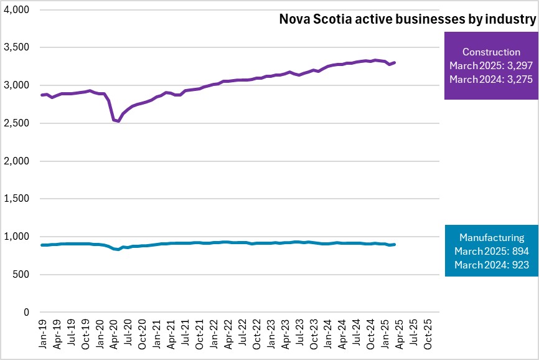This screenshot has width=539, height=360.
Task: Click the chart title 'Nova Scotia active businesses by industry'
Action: tap(406, 20)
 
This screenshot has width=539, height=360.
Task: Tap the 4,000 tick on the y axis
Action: tap(17, 10)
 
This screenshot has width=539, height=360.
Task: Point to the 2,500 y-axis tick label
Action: tap(17, 123)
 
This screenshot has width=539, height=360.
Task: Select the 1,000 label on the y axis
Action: tap(17, 237)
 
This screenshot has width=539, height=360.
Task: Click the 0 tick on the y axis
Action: tap(26, 313)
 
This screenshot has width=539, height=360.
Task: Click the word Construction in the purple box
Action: tap(491, 52)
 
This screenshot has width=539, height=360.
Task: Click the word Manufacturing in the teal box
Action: tap(491, 237)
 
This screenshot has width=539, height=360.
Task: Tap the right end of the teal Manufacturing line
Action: tap(395, 245)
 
